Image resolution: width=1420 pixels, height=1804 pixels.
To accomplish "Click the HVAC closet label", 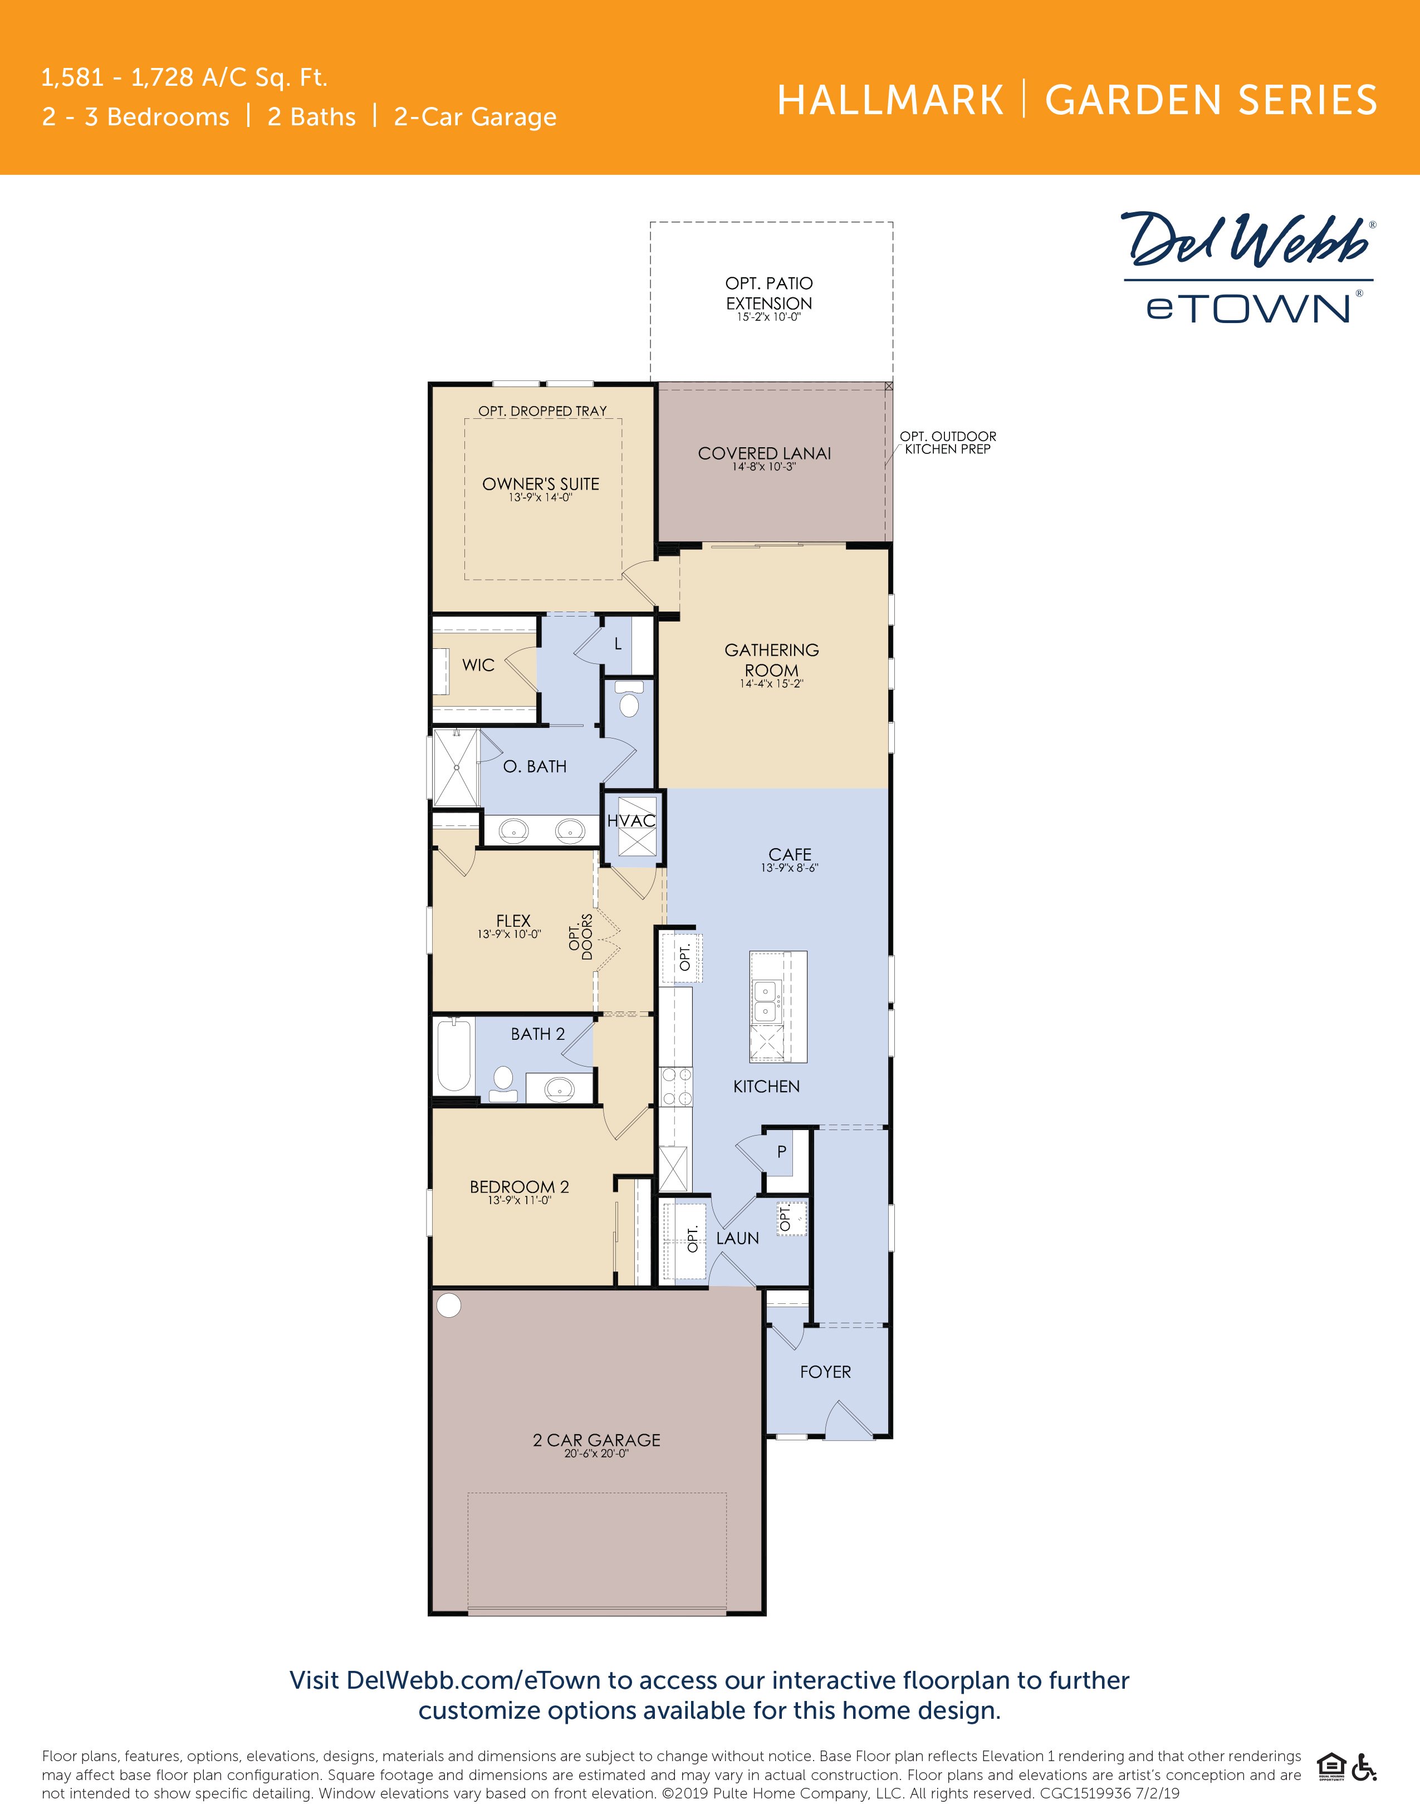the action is click(631, 820).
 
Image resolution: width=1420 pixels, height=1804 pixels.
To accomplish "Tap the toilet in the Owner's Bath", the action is click(629, 700).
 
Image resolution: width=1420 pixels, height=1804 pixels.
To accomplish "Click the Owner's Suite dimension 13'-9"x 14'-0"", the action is click(540, 497).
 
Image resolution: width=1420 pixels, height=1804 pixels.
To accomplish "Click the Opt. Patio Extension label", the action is click(769, 294).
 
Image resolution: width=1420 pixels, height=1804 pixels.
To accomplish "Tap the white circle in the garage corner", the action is click(449, 1305).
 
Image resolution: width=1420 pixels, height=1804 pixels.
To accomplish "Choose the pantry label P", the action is click(781, 1151).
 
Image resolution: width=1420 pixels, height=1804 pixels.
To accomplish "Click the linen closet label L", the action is click(618, 644).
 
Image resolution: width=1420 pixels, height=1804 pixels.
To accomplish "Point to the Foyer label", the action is click(826, 1372).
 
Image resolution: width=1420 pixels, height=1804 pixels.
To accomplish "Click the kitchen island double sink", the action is click(766, 1001).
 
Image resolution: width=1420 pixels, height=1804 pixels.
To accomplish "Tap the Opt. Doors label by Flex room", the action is click(580, 937).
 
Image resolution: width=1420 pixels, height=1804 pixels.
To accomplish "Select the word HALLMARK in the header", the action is click(890, 101).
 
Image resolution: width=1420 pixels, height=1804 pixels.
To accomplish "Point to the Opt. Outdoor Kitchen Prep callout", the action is click(948, 442).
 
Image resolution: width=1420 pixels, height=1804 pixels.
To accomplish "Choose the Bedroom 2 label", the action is click(520, 1186).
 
